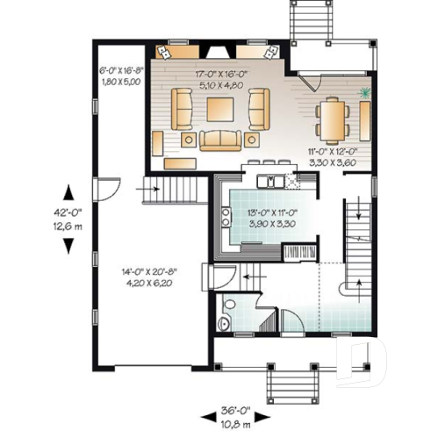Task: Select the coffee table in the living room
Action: point(219,109)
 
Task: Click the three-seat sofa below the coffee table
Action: point(219,139)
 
